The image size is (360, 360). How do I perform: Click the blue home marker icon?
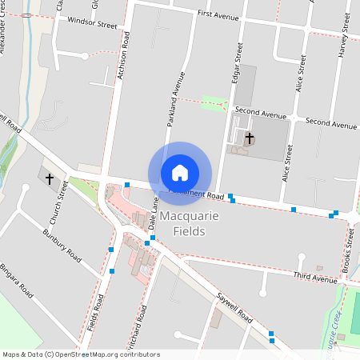coord(180,173)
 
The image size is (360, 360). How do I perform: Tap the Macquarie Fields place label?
coord(182,224)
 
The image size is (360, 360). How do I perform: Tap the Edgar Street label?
coord(238,63)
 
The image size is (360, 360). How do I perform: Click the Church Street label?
coord(58,202)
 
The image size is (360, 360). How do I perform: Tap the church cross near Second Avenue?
coord(249,138)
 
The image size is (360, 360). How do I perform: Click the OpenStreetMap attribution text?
coord(81,354)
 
